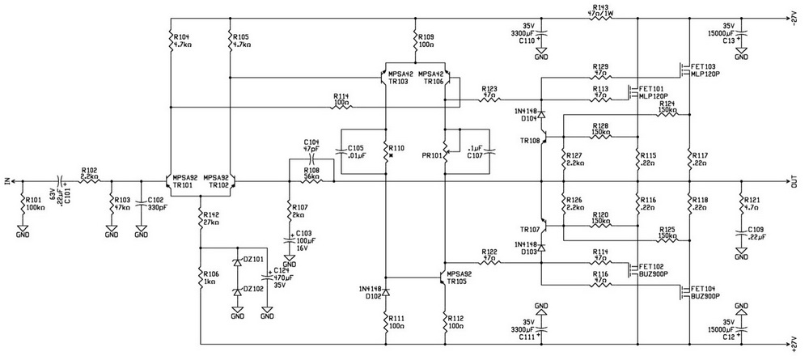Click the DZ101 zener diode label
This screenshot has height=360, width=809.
pyautogui.click(x=253, y=260)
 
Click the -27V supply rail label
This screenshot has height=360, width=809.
pyautogui.click(x=794, y=14)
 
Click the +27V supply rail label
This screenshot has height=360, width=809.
pyautogui.click(x=794, y=343)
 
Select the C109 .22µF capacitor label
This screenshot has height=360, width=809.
pyautogui.click(x=757, y=234)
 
